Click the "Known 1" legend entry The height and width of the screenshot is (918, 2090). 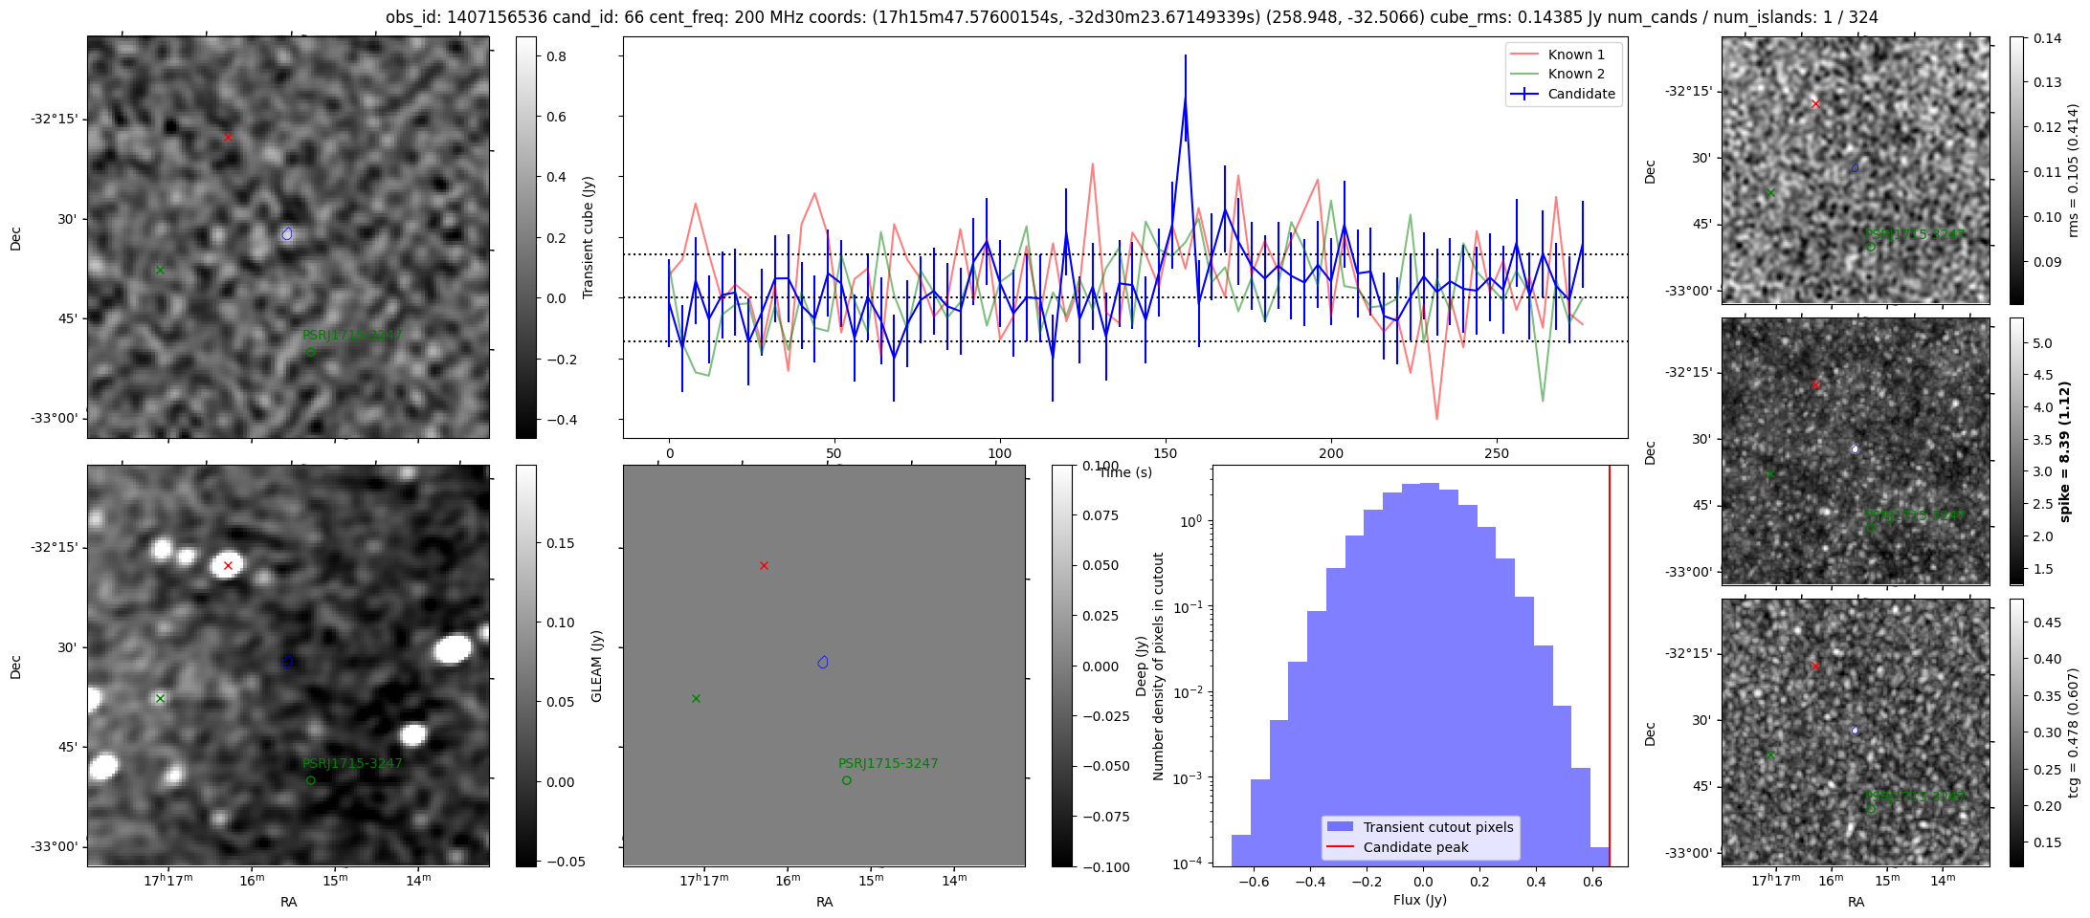pos(1576,55)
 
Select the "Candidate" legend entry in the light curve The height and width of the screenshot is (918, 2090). pos(1581,94)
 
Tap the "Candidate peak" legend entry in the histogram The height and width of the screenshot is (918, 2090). pos(1415,847)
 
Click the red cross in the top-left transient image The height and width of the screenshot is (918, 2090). pos(228,138)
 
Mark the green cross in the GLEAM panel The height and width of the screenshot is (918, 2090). pos(696,699)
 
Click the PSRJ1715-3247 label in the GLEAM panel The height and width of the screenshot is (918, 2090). pos(888,763)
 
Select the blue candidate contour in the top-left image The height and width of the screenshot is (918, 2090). pos(287,233)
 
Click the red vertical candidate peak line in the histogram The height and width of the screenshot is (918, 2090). pos(1610,669)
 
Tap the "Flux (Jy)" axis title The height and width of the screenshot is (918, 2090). pos(1420,900)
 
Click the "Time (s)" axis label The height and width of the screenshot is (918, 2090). pos(1125,472)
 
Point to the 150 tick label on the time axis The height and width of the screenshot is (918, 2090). pos(1166,454)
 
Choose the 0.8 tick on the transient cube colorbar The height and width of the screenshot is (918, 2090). pos(556,56)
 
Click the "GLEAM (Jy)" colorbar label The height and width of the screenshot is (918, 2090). pos(596,667)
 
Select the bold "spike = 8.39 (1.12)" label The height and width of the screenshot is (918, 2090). pos(2064,451)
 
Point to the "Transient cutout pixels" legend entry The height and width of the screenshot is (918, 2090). pos(1438,827)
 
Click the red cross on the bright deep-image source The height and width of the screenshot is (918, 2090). pos(228,566)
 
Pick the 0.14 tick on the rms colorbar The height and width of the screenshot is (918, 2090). pos(2048,38)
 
